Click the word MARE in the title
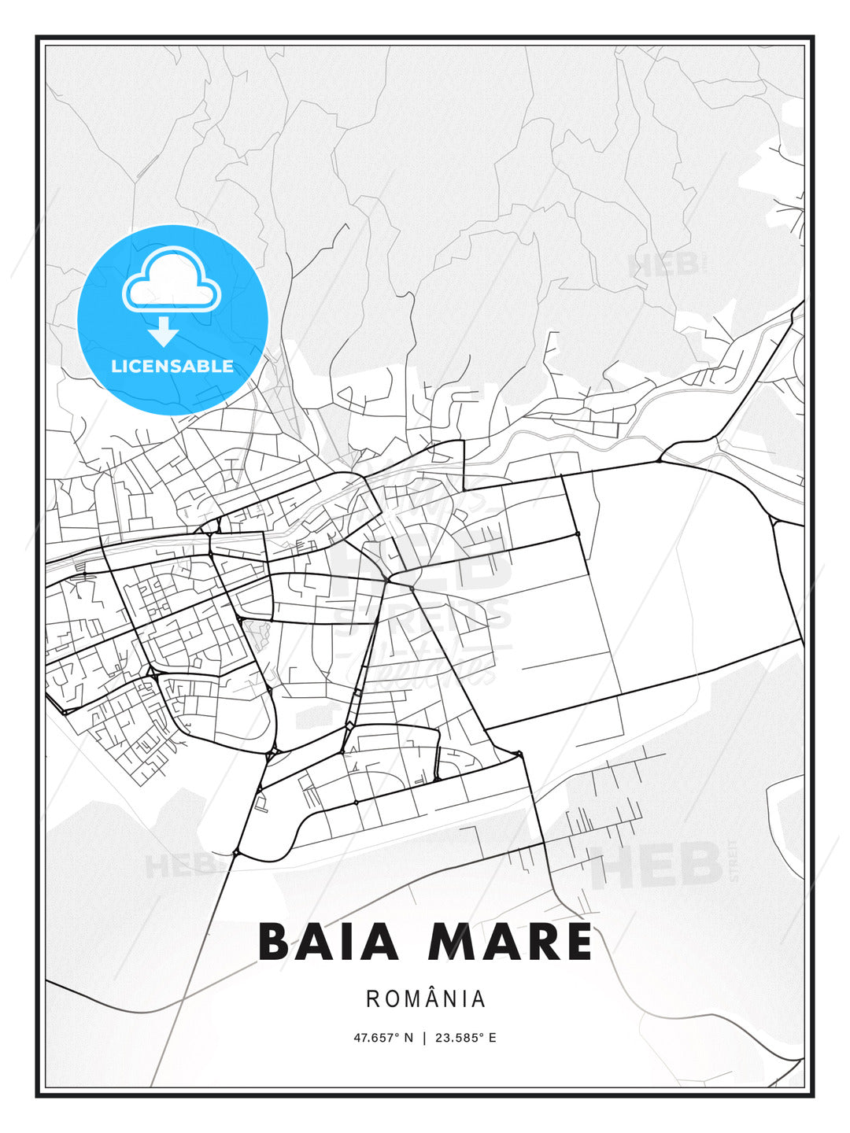(x=510, y=941)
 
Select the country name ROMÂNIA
(x=425, y=998)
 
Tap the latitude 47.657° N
(x=382, y=1037)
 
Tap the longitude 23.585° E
(x=465, y=1037)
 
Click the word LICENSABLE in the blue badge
(x=172, y=366)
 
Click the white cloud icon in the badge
(x=172, y=279)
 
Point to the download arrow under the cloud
(x=164, y=331)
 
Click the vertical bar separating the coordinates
(x=425, y=1037)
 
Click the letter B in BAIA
(x=274, y=941)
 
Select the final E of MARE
(x=576, y=941)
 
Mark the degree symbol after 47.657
(x=399, y=1034)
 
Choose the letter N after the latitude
(x=408, y=1037)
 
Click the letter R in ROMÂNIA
(x=371, y=998)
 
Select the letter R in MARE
(x=540, y=941)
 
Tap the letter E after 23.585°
(x=493, y=1037)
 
